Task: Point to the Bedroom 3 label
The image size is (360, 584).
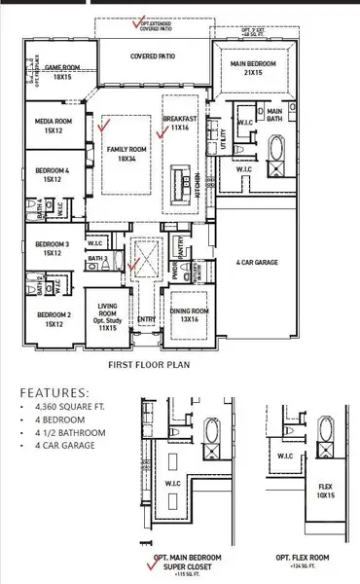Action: coord(53,248)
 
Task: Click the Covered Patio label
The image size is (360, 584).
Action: coord(153,56)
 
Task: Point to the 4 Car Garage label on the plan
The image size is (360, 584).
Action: coord(258,262)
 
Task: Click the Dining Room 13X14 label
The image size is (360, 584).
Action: coord(190,315)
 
